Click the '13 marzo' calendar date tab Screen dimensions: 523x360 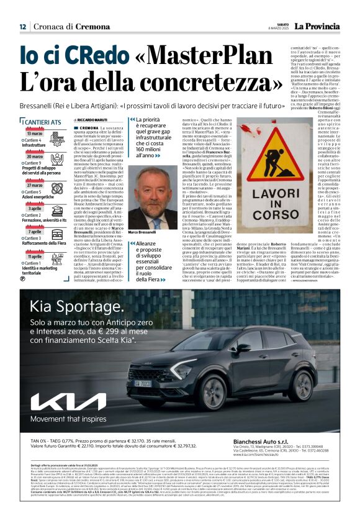tap(35, 134)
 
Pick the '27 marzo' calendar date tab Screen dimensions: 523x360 tap(35, 185)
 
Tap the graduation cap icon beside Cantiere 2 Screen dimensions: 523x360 tap(23, 215)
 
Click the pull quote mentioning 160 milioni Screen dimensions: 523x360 tap(153, 137)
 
